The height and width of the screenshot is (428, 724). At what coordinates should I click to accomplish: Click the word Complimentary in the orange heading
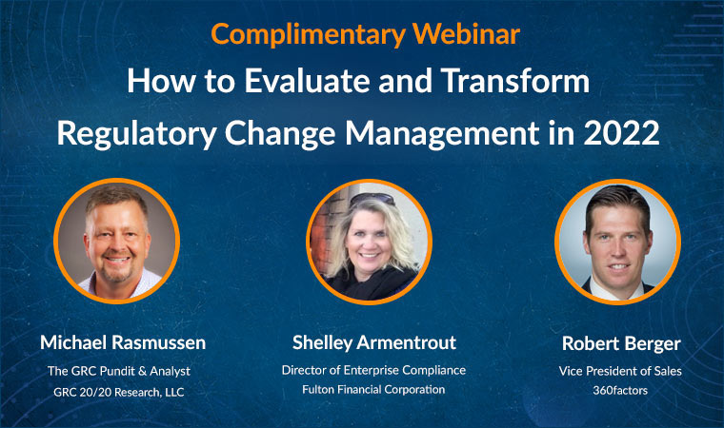pos(308,34)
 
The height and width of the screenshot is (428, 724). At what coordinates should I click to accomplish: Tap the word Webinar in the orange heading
pos(467,33)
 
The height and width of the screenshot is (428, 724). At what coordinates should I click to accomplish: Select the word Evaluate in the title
pos(307,80)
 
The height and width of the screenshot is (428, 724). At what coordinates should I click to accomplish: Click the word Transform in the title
pos(515,80)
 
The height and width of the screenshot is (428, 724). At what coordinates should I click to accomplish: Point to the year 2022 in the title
pos(621,133)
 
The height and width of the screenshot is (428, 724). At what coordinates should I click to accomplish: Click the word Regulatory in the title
pos(136,134)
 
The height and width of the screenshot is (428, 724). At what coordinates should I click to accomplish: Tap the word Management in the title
pos(442,134)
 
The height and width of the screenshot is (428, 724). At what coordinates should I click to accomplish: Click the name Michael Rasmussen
pos(123,342)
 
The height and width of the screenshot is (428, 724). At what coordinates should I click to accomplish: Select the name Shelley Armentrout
pos(374,342)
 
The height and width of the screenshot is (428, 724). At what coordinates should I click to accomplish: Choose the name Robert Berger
pos(621,343)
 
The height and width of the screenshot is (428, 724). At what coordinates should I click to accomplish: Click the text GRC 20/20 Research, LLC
pos(119,392)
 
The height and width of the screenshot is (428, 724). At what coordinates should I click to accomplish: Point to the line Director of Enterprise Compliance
pos(373,370)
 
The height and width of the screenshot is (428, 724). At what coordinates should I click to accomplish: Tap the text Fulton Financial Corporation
pos(373,390)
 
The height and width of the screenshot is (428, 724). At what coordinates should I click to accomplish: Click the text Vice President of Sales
pos(620,371)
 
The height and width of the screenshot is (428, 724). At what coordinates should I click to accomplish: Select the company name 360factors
pos(620,390)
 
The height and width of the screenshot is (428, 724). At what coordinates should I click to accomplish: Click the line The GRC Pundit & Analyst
pos(119,371)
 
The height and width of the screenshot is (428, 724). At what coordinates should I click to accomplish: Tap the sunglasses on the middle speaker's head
pos(372,199)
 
